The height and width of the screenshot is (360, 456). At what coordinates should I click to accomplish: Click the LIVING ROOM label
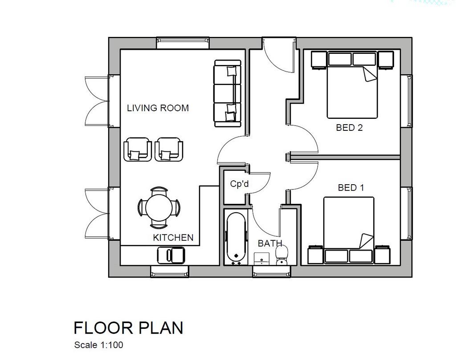pos(158,108)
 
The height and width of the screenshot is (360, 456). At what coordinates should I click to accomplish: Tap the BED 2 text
pos(349,128)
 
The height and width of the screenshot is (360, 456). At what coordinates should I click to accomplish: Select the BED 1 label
pos(351,188)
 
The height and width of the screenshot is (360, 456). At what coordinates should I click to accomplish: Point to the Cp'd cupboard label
pos(239,184)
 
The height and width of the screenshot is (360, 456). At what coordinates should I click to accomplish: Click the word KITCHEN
pos(173,238)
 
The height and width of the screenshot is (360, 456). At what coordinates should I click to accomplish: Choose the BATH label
pos(270,243)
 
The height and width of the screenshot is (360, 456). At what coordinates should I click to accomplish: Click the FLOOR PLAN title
pos(129,328)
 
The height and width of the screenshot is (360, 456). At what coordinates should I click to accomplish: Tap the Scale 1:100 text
pos(98,345)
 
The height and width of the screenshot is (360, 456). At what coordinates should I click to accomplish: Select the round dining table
pos(159,207)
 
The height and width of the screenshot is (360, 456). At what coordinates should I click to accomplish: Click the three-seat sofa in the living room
pos(228,93)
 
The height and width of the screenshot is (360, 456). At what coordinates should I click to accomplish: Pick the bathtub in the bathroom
pos(236,238)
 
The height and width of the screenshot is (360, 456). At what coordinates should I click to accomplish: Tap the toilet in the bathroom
pos(281,255)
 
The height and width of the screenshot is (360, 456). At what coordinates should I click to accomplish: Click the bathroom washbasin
pos(261,259)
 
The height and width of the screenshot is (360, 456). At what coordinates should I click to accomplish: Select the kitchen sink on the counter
pos(171,255)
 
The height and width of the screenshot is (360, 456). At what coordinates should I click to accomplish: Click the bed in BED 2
pos(352,85)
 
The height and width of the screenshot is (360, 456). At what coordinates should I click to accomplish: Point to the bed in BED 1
pos(349,230)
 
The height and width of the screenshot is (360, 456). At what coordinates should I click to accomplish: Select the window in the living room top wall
pos(183,43)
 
